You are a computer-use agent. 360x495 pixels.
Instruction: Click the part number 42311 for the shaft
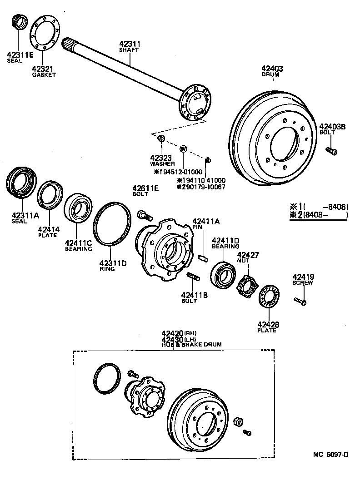tap(129, 44)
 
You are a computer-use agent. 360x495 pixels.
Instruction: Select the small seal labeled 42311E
tap(20, 22)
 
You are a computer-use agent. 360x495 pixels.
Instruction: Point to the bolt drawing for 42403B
tap(331, 151)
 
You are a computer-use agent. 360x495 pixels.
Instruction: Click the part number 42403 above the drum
tap(272, 69)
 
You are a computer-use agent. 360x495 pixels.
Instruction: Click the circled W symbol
tap(183, 148)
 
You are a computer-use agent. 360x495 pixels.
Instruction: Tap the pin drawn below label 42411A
tap(203, 257)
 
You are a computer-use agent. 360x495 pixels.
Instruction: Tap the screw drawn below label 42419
tap(300, 300)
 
